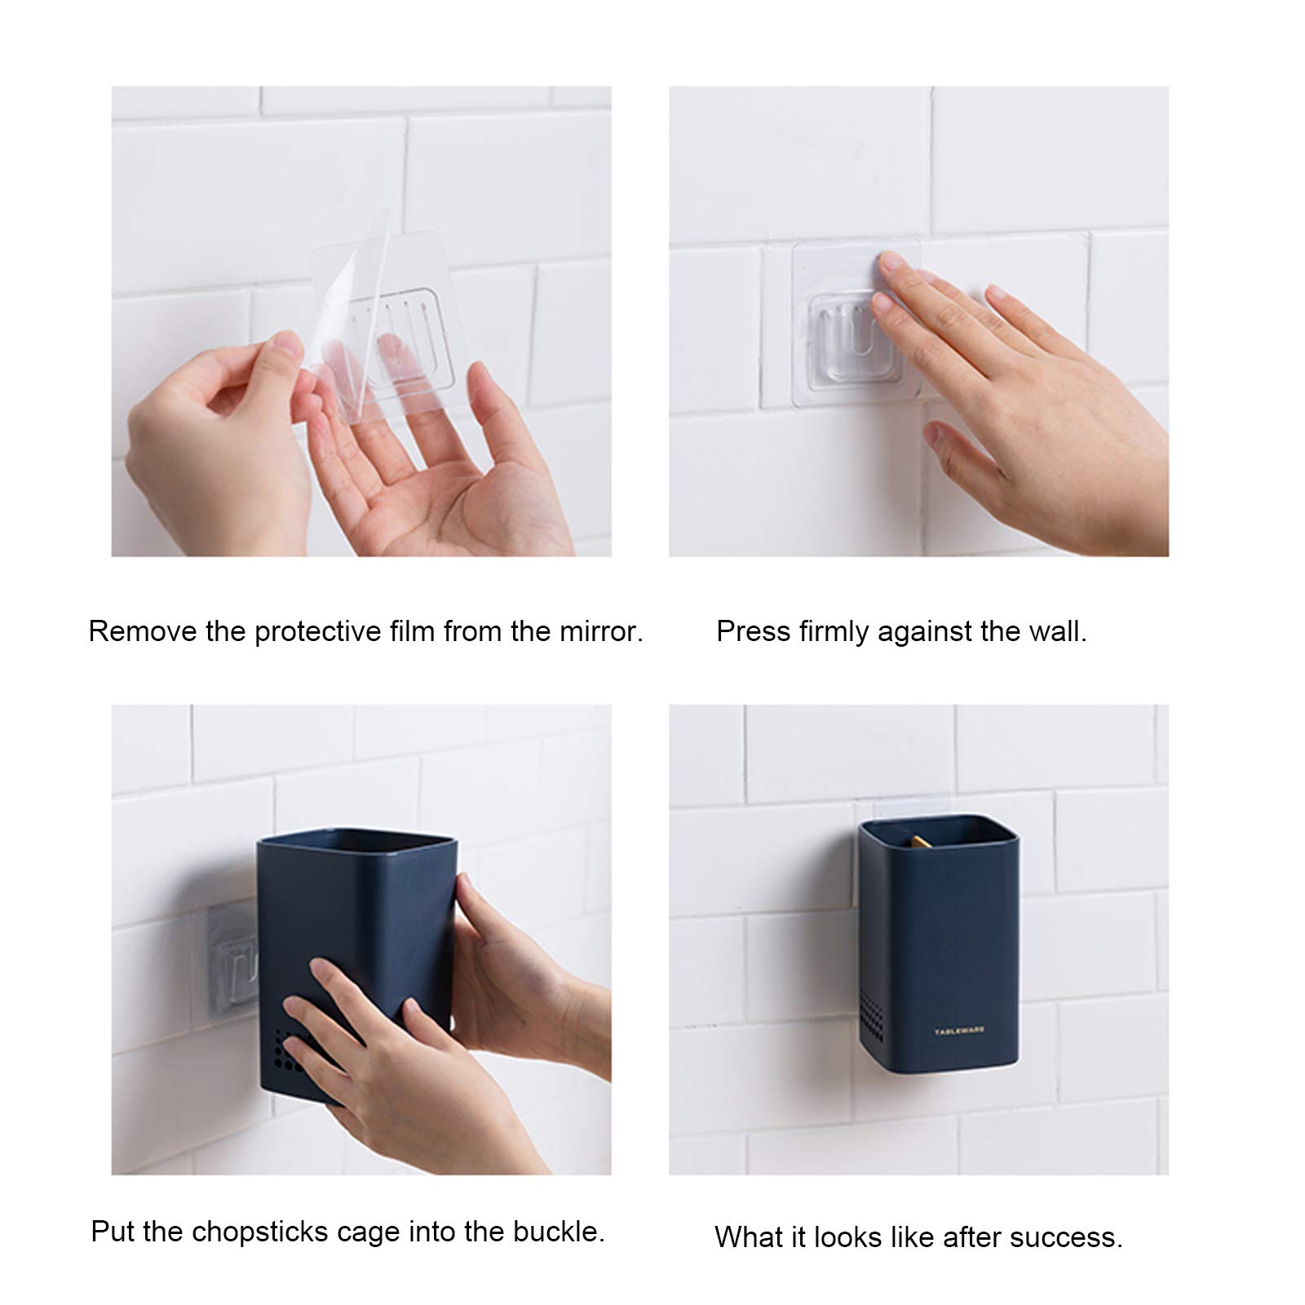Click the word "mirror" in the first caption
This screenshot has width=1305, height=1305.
click(x=600, y=631)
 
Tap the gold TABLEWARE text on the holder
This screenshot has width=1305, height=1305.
click(x=960, y=1030)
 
